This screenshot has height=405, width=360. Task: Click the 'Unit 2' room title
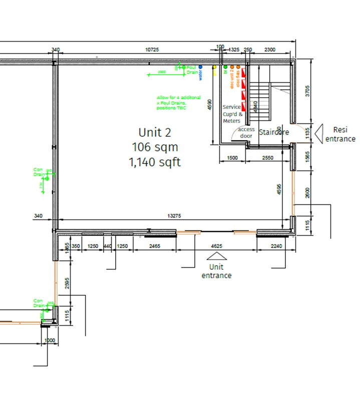coord(155,132)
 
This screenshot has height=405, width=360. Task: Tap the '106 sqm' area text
coord(155,147)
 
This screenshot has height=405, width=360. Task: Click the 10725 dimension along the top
coord(152,50)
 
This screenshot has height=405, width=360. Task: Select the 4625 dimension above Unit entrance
coord(216,246)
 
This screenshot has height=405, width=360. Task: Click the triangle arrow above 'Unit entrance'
coord(216,256)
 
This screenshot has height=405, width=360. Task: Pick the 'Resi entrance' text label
coord(340,134)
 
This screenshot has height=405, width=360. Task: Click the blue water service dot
coord(200,66)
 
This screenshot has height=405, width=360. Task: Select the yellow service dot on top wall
coord(214,66)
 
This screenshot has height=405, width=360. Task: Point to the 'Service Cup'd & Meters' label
coord(232,114)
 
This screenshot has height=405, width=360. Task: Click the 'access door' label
coord(246,132)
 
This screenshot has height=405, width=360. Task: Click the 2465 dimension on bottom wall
coord(155,246)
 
